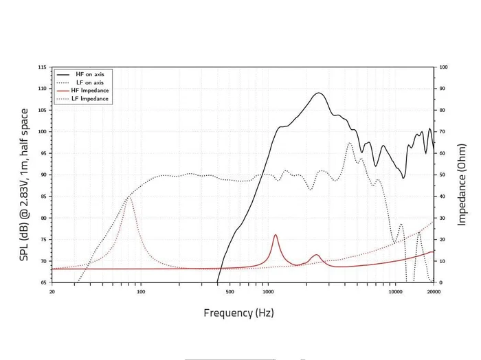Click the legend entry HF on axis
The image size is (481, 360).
[89, 74]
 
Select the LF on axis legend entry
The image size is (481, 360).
[89, 82]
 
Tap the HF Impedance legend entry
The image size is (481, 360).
[89, 91]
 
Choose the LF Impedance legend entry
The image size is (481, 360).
[89, 99]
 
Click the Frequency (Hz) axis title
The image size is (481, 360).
[238, 313]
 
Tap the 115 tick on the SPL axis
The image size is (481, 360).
[43, 67]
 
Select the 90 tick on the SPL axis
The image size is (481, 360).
[43, 175]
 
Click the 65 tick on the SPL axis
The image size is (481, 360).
[43, 282]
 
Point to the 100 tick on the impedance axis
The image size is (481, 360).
[443, 67]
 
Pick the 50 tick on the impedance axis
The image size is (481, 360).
[443, 175]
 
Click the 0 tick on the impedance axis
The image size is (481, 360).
[441, 282]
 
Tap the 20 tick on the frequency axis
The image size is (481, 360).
[52, 291]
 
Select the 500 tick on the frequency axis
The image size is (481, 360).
[230, 291]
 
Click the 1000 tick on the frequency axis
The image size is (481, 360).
[267, 291]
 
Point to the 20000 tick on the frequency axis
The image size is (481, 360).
[433, 291]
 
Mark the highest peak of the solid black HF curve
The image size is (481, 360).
[319, 93]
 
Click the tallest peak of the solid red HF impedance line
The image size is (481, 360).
[276, 235]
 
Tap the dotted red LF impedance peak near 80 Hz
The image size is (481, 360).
[129, 197]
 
